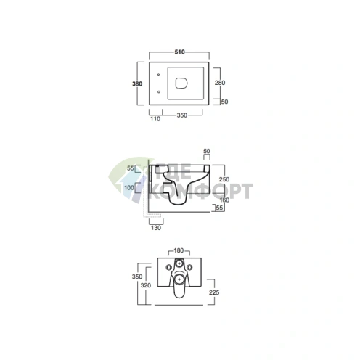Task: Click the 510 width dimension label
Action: [x=179, y=52]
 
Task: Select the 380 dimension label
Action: [x=137, y=83]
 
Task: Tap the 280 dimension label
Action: [x=220, y=83]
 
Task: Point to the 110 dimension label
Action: [x=155, y=119]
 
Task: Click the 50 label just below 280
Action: [x=224, y=102]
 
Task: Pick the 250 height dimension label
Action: [x=224, y=179]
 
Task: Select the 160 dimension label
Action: [x=224, y=200]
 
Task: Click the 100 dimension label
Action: [x=129, y=187]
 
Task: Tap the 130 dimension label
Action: [x=156, y=228]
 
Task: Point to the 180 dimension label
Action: [x=179, y=250]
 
